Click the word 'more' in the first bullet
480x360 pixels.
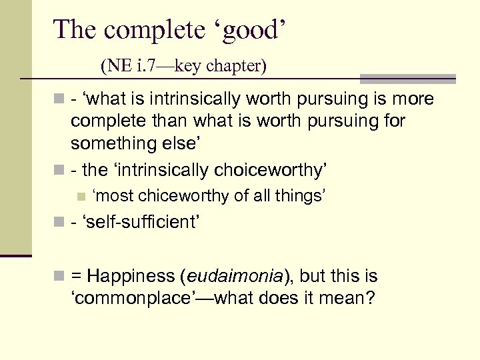click(413, 100)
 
